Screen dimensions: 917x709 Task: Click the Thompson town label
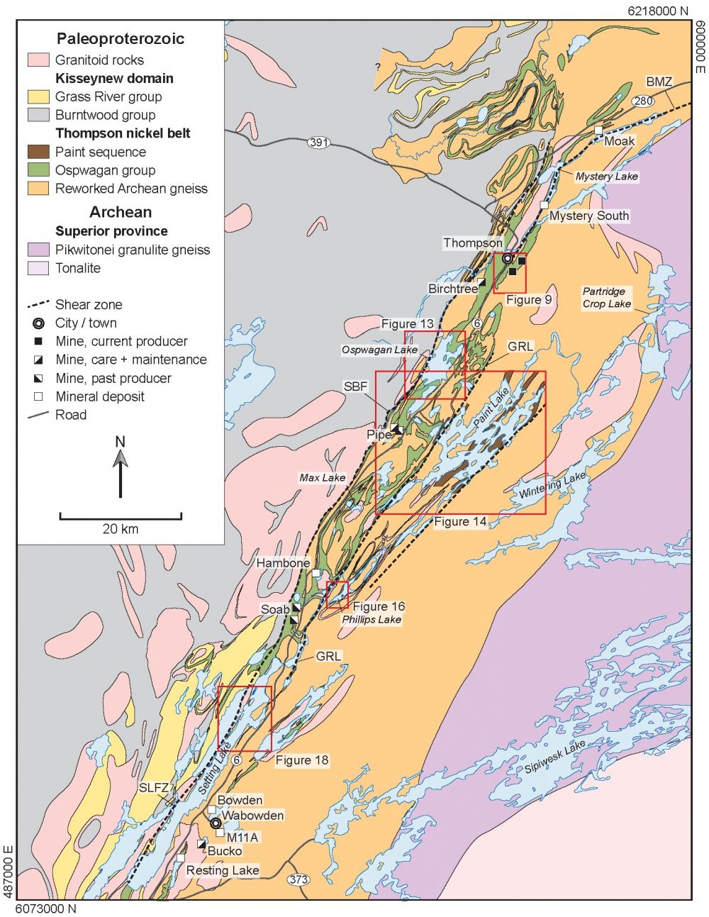(473, 243)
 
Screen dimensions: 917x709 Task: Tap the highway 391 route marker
(319, 143)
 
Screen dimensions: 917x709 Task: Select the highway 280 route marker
(642, 101)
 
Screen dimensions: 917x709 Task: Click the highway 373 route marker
(298, 879)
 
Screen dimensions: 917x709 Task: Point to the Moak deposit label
(619, 140)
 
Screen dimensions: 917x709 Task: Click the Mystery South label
(588, 216)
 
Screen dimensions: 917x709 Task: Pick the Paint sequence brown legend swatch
(38, 152)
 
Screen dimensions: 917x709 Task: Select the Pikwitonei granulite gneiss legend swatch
(38, 250)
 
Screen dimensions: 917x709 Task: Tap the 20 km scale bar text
(121, 528)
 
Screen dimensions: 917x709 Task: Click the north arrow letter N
(120, 442)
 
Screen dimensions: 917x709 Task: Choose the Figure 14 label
(460, 521)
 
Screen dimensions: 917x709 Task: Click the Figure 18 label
(302, 760)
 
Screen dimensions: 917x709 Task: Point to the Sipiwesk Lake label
(555, 757)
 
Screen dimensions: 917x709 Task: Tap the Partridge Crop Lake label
(606, 297)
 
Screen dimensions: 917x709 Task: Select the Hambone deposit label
(283, 563)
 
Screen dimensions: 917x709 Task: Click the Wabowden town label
(253, 816)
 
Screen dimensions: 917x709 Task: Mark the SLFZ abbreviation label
(154, 788)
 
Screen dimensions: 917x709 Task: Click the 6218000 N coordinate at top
(657, 11)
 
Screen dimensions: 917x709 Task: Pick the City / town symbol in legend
(38, 323)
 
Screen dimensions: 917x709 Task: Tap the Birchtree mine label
(452, 289)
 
